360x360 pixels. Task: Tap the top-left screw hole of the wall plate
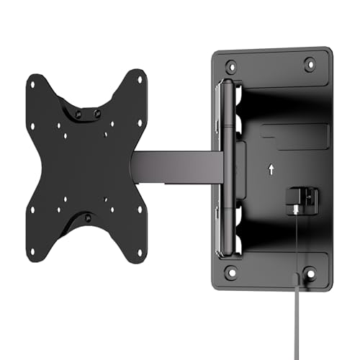[x=231, y=65]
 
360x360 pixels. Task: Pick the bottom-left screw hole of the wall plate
[x=231, y=272]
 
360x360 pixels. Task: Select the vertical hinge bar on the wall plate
[x=229, y=167]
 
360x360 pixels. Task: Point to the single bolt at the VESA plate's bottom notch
[x=88, y=217]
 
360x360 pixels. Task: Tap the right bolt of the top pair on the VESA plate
[x=96, y=113]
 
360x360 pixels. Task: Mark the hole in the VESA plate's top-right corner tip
[x=140, y=75]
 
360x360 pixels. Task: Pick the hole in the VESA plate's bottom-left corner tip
[x=32, y=211]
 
